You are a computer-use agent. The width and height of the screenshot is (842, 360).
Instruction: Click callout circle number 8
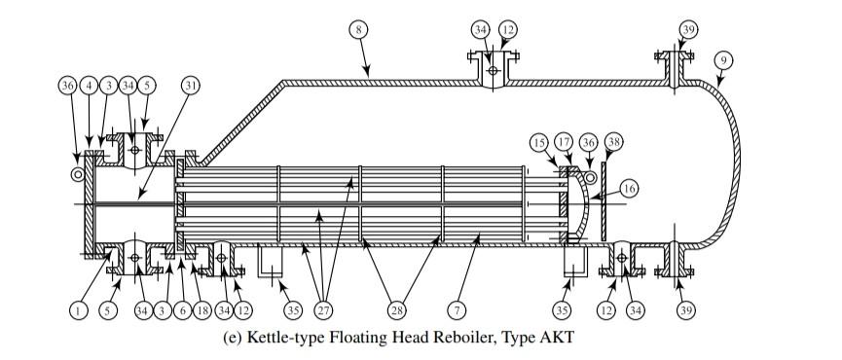(x=359, y=30)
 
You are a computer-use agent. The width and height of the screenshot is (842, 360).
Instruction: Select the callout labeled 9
(x=721, y=60)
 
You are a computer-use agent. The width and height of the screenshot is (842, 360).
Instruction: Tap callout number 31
(x=190, y=85)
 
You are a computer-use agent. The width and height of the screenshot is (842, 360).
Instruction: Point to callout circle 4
(x=89, y=85)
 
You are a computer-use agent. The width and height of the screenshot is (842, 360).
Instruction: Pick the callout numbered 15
(x=539, y=142)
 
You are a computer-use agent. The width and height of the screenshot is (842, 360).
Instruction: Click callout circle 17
(x=563, y=142)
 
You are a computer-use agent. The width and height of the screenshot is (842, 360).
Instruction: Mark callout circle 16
(x=630, y=189)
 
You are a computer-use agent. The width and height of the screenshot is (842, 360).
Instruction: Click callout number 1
(x=78, y=311)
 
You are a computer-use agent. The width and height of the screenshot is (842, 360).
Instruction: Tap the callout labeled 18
(x=201, y=311)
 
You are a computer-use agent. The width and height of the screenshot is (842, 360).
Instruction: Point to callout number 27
(x=321, y=311)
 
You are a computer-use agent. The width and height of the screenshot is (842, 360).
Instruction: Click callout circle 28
(x=397, y=311)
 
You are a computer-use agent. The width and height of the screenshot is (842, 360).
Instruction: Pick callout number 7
(x=455, y=311)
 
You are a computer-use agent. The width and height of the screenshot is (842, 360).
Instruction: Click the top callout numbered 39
(x=688, y=30)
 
